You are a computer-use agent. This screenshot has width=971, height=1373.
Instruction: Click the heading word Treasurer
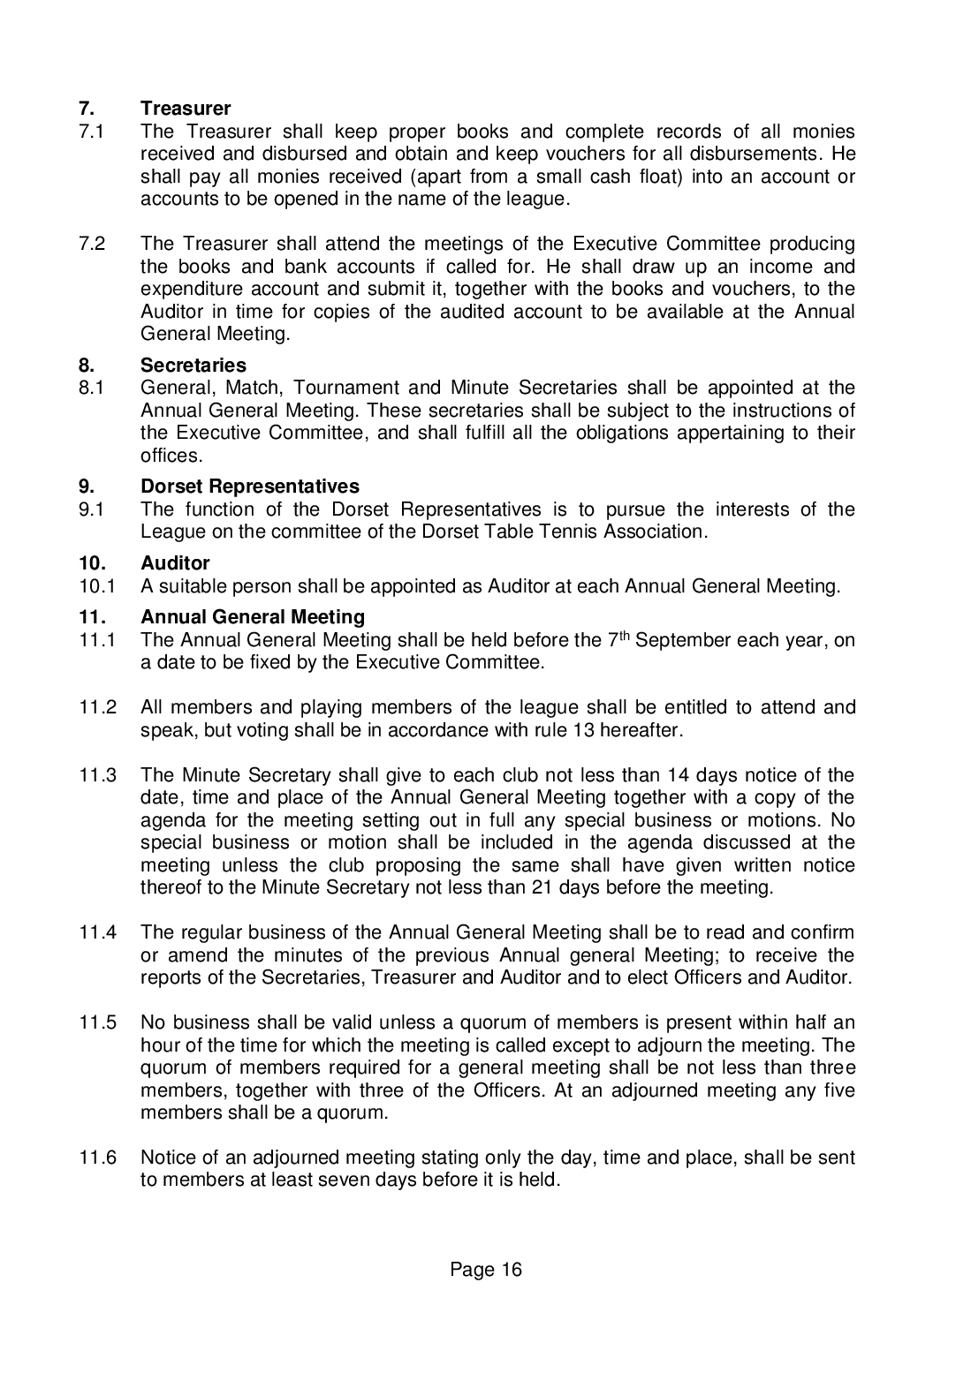click(186, 109)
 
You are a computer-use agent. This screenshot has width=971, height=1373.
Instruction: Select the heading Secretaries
click(193, 365)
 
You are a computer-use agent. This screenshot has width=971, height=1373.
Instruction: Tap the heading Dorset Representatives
click(250, 487)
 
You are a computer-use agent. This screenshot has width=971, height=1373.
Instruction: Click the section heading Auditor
click(175, 563)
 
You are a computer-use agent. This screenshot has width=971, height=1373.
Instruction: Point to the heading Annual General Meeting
click(253, 617)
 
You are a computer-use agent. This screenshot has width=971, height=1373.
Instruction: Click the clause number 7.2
click(92, 244)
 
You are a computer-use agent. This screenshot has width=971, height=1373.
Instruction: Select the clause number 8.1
click(92, 388)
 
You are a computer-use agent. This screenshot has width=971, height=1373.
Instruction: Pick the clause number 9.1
click(92, 509)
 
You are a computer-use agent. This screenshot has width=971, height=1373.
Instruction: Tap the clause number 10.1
click(95, 586)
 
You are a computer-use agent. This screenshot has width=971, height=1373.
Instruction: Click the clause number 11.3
click(98, 776)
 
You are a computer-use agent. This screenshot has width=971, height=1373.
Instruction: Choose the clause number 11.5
click(98, 1023)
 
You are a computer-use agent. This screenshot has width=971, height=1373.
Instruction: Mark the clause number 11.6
click(98, 1158)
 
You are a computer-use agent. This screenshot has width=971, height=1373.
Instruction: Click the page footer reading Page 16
click(486, 1270)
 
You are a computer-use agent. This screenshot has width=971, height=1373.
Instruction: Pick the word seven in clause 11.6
click(378, 1180)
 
